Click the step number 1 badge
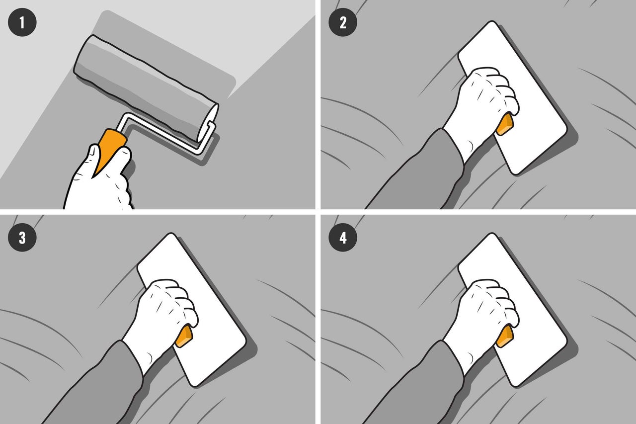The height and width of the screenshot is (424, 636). [x=22, y=22]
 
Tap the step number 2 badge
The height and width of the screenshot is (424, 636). [x=343, y=22]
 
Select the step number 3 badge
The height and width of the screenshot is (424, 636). [x=22, y=237]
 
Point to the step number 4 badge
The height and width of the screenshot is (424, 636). [x=343, y=237]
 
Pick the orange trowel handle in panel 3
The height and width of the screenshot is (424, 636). [x=184, y=336]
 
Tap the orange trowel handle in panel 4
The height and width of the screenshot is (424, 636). [x=505, y=336]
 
